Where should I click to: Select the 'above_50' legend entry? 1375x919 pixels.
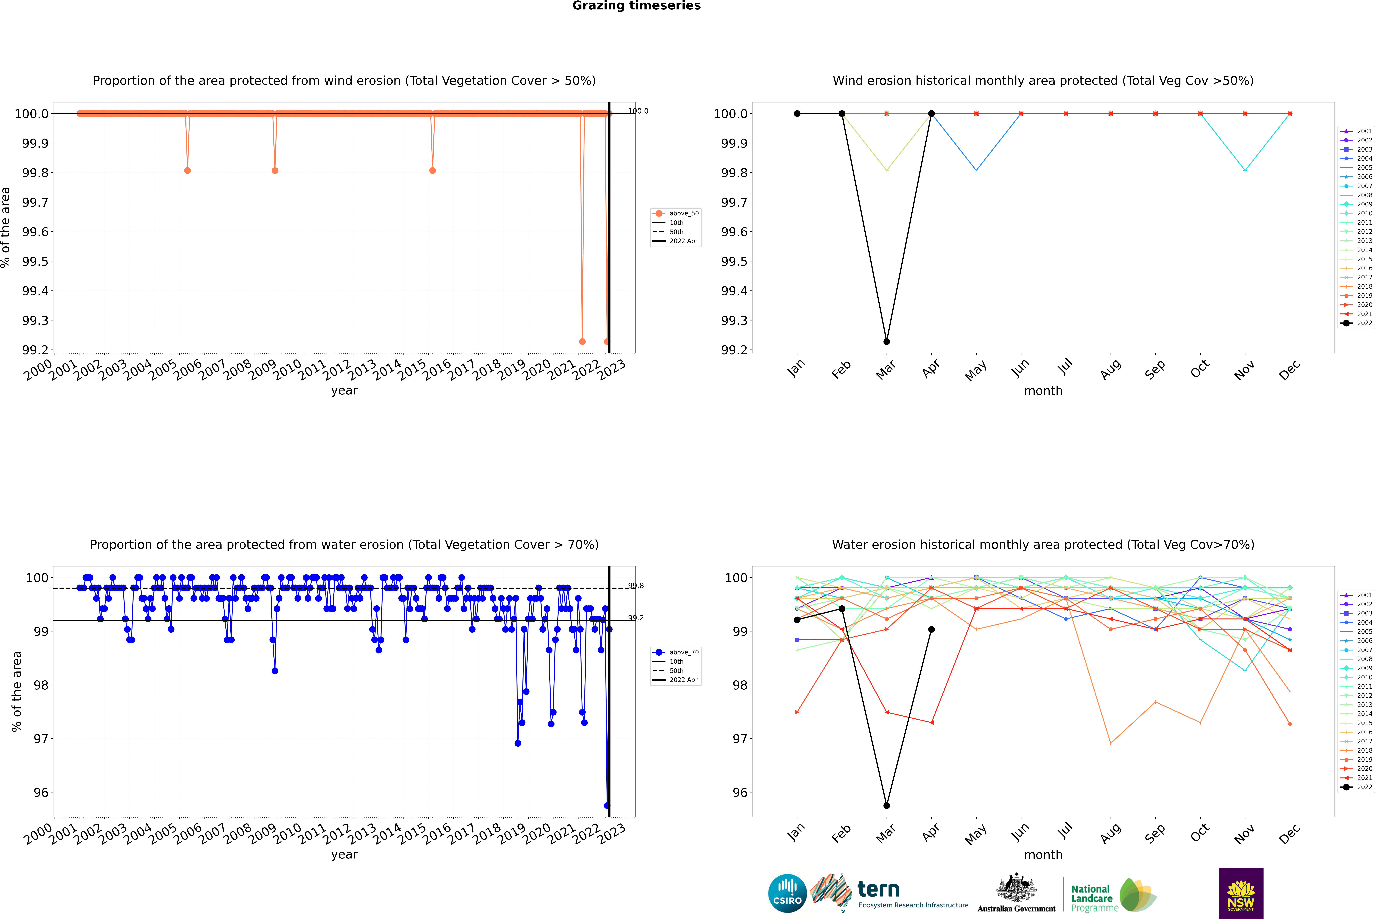coord(683,213)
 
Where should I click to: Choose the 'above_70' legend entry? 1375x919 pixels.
coord(683,652)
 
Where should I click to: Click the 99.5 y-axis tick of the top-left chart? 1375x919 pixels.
coord(35,261)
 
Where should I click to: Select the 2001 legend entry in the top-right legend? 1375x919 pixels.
coord(1364,131)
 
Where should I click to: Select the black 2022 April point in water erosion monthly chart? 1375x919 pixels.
coord(931,630)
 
